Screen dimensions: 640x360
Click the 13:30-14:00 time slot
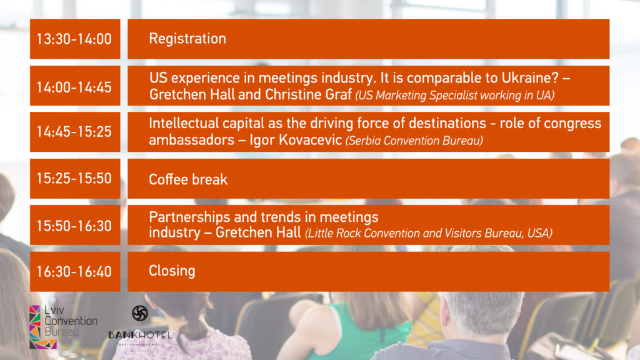[74, 39]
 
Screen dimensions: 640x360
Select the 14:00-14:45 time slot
[74, 87]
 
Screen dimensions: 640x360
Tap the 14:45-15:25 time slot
[74, 131]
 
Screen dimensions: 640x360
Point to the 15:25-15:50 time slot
[74, 178]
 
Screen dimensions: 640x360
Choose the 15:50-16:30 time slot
[74, 226]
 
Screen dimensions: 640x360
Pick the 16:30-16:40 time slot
[74, 271]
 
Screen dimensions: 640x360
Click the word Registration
[187, 39]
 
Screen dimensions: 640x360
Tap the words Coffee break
[188, 179]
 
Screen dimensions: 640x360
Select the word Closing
[172, 271]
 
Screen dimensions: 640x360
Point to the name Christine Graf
[309, 95]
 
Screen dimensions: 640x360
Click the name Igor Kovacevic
[296, 140]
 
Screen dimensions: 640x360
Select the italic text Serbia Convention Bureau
[414, 141]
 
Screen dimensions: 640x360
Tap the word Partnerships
[189, 217]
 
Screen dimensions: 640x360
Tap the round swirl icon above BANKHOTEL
[140, 313]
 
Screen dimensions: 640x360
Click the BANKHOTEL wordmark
[141, 335]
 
